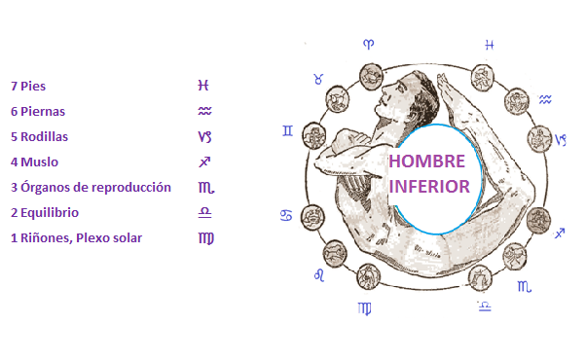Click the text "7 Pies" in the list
(x=28, y=86)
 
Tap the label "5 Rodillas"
(x=40, y=136)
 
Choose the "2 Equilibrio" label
(x=45, y=212)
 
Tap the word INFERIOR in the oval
(x=429, y=185)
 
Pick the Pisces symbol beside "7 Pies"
(x=203, y=86)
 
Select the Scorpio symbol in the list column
(x=204, y=187)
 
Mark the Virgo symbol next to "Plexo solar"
(x=205, y=237)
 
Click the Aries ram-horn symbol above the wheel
(x=368, y=45)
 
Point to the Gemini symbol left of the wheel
(x=287, y=129)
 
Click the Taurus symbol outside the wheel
(x=317, y=79)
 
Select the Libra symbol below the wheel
(x=485, y=306)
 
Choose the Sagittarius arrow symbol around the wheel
(x=559, y=234)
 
